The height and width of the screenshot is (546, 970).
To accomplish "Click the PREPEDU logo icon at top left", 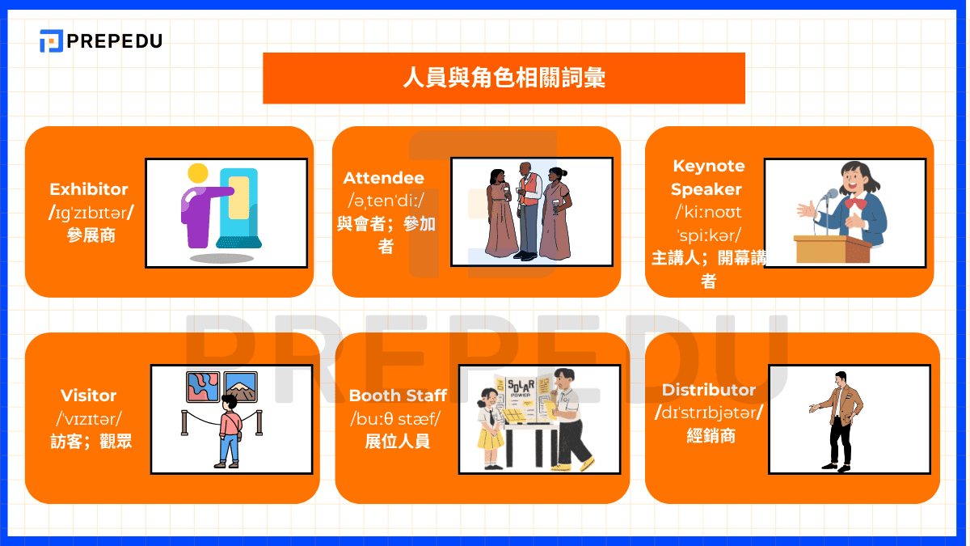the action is coord(51,40).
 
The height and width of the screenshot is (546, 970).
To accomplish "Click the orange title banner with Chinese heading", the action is coord(504,78).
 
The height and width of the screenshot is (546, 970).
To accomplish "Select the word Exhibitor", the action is coord(89,189).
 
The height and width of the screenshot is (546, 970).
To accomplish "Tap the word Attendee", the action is coord(384,178).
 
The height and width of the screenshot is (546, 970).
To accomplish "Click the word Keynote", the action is coord(708,166).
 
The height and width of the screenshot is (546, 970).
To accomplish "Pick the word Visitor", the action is coord(89,396).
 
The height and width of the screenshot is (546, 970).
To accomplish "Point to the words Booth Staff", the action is coord(398,396).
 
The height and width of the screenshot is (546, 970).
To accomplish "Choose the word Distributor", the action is coord(708,390).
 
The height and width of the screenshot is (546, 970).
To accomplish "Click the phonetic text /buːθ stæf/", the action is coord(395,419).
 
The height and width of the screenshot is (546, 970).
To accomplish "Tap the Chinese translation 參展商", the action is coord(91,235).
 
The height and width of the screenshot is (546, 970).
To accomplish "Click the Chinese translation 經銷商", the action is coord(711,436).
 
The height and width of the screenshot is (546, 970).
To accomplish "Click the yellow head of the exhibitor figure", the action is coord(198,174).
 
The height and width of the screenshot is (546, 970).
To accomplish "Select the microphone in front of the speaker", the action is coord(829,195).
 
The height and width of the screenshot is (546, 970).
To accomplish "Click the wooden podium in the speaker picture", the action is coord(833,249).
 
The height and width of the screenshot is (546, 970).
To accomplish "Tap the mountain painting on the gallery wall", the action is coord(241,387).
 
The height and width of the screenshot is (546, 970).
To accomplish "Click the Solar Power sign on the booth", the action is coord(521,387).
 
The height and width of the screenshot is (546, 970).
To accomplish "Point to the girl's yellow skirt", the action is coord(490,438).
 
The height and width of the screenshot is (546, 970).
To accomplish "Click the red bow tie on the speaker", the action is coord(856,203).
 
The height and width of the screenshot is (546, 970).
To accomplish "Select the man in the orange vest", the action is coord(529,211).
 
